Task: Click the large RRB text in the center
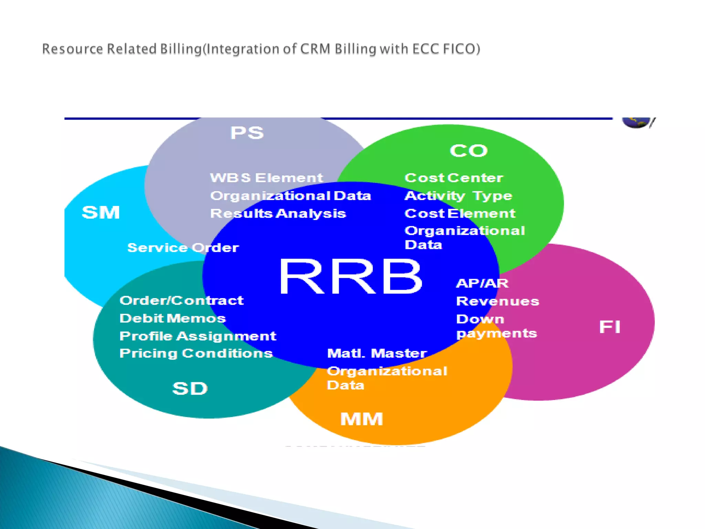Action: [x=350, y=277]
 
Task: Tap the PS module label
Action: [x=247, y=133]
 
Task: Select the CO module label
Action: [x=469, y=151]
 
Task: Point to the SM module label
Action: [x=101, y=212]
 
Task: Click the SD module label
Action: [x=190, y=388]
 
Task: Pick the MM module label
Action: [x=361, y=419]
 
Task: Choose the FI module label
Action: [x=610, y=326]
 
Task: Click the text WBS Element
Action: [x=266, y=178]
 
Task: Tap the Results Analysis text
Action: [x=278, y=213]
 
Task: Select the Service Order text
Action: [x=183, y=248]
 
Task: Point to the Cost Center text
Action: [x=454, y=178]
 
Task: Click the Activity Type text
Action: [x=458, y=196]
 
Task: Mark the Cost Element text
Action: [x=460, y=213]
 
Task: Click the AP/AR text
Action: [x=482, y=283]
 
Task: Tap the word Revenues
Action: [x=497, y=301]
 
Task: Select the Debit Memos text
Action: [x=172, y=318]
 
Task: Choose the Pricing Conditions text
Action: [x=196, y=353]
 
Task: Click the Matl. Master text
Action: [x=377, y=353]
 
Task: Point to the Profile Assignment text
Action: [x=198, y=336]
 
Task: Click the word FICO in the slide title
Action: [x=461, y=49]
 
